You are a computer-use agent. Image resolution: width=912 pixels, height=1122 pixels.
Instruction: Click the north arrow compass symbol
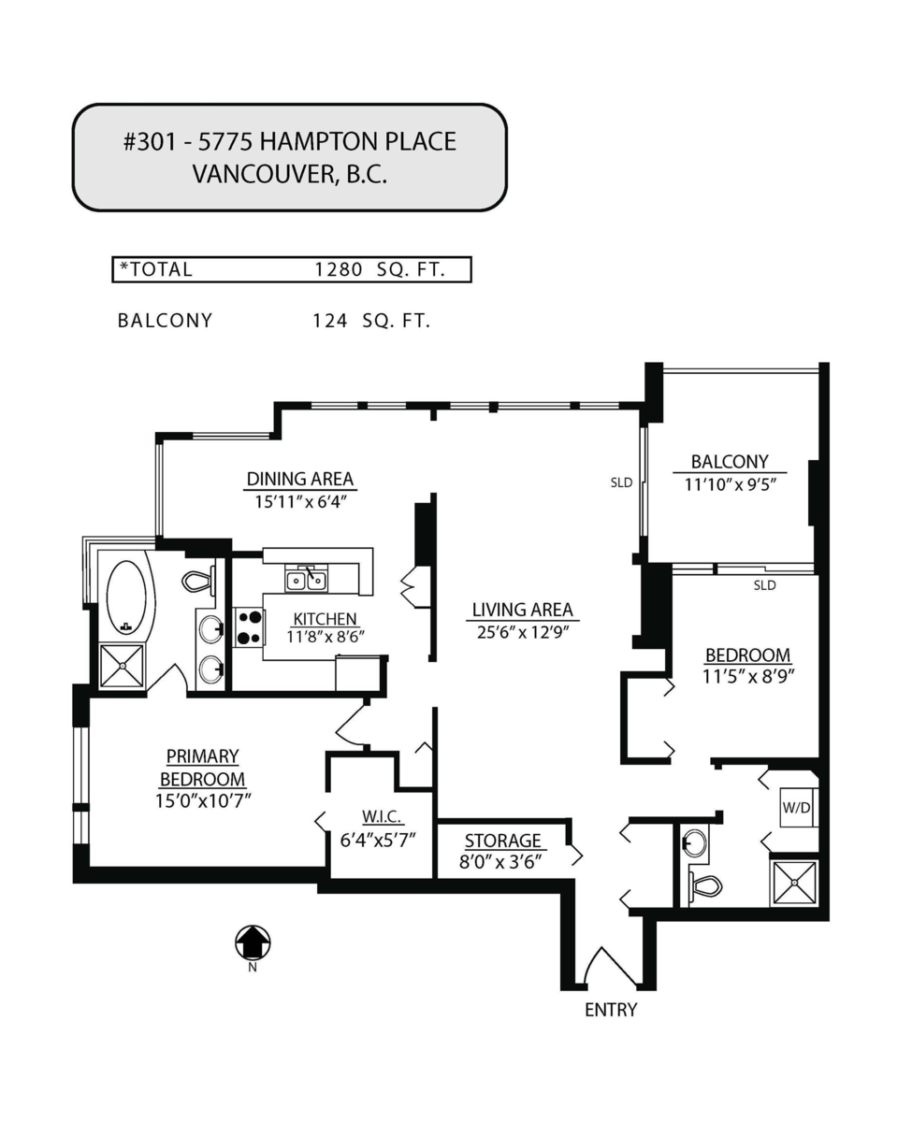[x=253, y=942]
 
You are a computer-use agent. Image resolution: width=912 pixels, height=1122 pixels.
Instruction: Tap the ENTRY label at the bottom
[x=611, y=1010]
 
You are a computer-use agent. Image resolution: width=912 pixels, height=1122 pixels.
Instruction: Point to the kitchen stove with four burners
[x=248, y=626]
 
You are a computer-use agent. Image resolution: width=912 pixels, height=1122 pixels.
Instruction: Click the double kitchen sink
[x=306, y=580]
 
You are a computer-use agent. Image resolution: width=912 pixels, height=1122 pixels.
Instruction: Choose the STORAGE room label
[x=502, y=841]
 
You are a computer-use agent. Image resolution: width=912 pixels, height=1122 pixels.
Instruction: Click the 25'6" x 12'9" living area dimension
[x=523, y=631]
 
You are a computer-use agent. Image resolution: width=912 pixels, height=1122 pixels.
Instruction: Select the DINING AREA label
[x=300, y=480]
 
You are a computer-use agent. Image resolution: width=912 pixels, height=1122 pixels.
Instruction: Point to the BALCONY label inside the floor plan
[x=730, y=461]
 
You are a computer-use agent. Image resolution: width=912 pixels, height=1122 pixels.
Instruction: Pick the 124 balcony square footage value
[x=330, y=321]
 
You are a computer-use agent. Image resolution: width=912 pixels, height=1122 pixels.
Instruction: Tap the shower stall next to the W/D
[x=794, y=883]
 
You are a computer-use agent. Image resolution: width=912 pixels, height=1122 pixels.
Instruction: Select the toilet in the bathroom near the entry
[x=705, y=885]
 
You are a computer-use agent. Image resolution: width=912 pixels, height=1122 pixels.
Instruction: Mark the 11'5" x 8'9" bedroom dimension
[x=747, y=676]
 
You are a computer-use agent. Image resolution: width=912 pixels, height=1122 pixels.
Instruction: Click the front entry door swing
[x=609, y=970]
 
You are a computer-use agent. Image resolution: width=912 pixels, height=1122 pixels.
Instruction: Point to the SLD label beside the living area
[x=621, y=483]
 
